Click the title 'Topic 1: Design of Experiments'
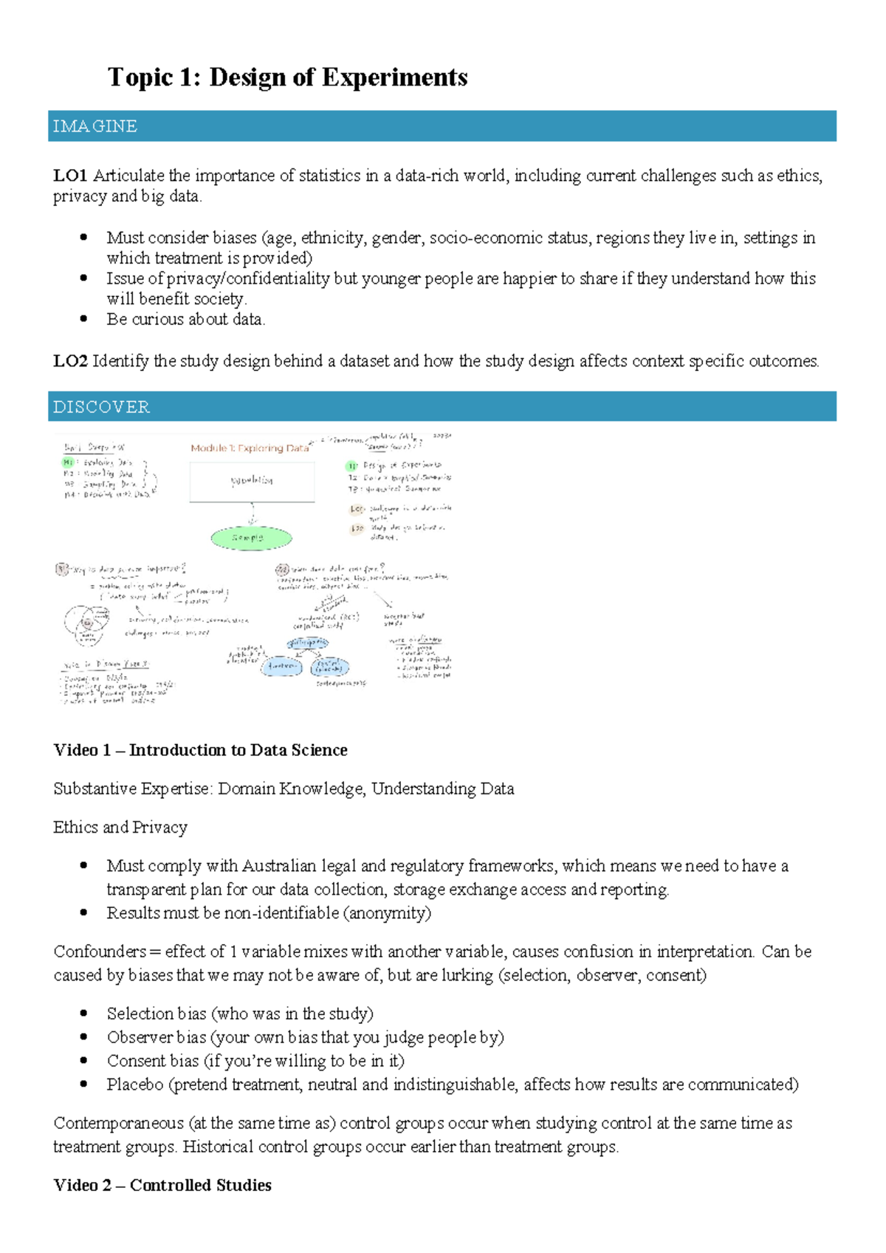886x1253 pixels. pos(287,78)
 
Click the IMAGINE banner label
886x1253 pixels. pos(95,126)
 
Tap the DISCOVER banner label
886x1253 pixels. pos(101,407)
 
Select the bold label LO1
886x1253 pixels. pos(70,176)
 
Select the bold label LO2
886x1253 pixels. pos(70,361)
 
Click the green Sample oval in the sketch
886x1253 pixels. pos(251,538)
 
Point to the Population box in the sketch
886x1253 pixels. pos(252,482)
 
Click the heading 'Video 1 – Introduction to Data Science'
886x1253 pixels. pos(200,750)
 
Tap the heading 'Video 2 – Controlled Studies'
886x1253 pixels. pos(162,1185)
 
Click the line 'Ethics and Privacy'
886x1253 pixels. pos(120,827)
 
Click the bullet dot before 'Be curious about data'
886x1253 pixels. pos(83,319)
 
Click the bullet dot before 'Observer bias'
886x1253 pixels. pos(83,1037)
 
